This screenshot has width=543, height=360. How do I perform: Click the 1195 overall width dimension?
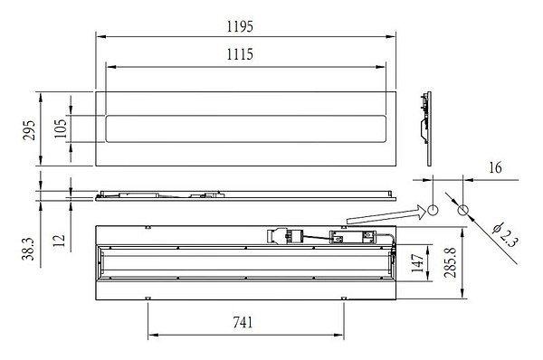click(240, 26)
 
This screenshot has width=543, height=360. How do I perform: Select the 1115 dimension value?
click(240, 54)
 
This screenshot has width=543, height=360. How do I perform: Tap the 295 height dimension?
click(29, 130)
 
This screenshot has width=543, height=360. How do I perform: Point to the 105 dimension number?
click(61, 128)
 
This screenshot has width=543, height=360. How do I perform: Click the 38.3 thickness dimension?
click(29, 249)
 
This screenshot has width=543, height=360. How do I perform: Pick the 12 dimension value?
click(59, 241)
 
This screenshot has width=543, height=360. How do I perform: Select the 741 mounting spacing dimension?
click(243, 323)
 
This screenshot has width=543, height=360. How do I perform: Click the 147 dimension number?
click(418, 262)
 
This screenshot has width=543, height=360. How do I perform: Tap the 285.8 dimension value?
click(451, 262)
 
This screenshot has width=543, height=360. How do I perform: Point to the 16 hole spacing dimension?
click(496, 167)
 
